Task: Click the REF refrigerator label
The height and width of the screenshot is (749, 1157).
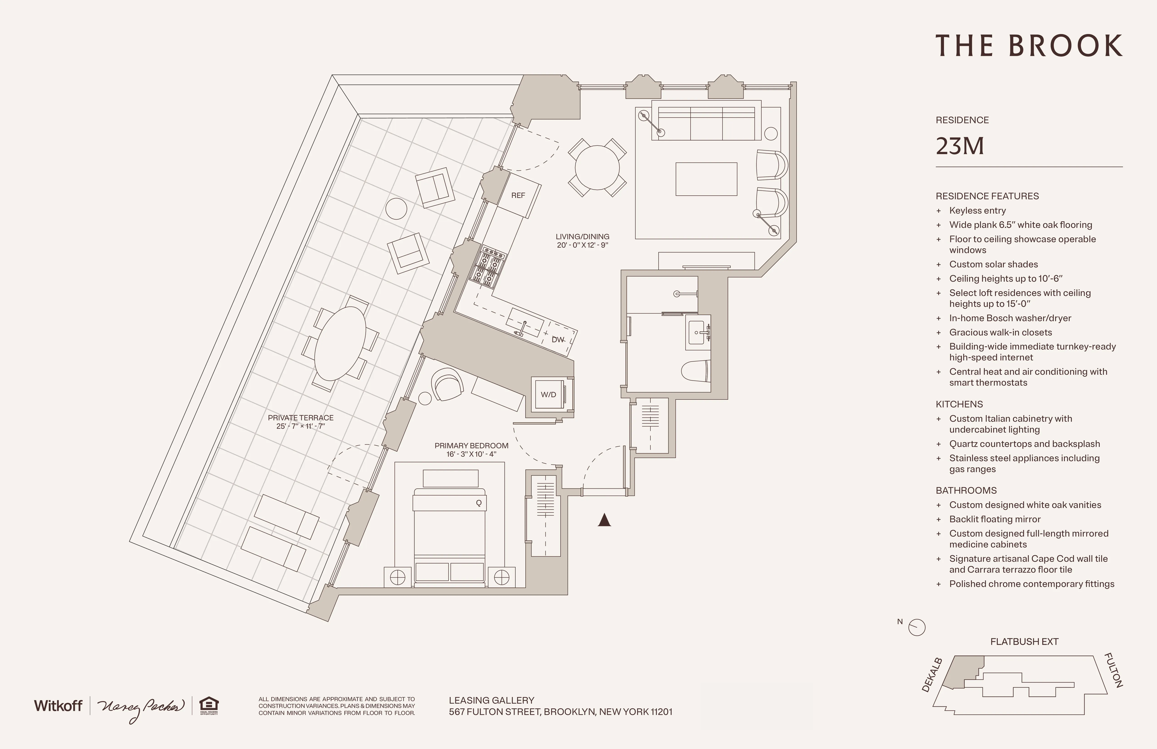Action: [x=518, y=195]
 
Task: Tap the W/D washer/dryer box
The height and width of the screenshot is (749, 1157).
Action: [x=548, y=394]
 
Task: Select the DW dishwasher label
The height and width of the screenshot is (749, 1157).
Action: [x=558, y=340]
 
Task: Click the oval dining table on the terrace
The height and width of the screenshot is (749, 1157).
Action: [x=340, y=343]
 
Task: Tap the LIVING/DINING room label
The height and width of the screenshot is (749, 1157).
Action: [x=582, y=237]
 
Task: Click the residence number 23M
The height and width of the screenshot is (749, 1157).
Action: [x=960, y=146]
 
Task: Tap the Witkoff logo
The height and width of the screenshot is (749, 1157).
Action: [x=58, y=706]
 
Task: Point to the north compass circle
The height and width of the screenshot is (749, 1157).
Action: [x=917, y=627]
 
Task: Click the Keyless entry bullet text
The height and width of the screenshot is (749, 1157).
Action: [x=977, y=211]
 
